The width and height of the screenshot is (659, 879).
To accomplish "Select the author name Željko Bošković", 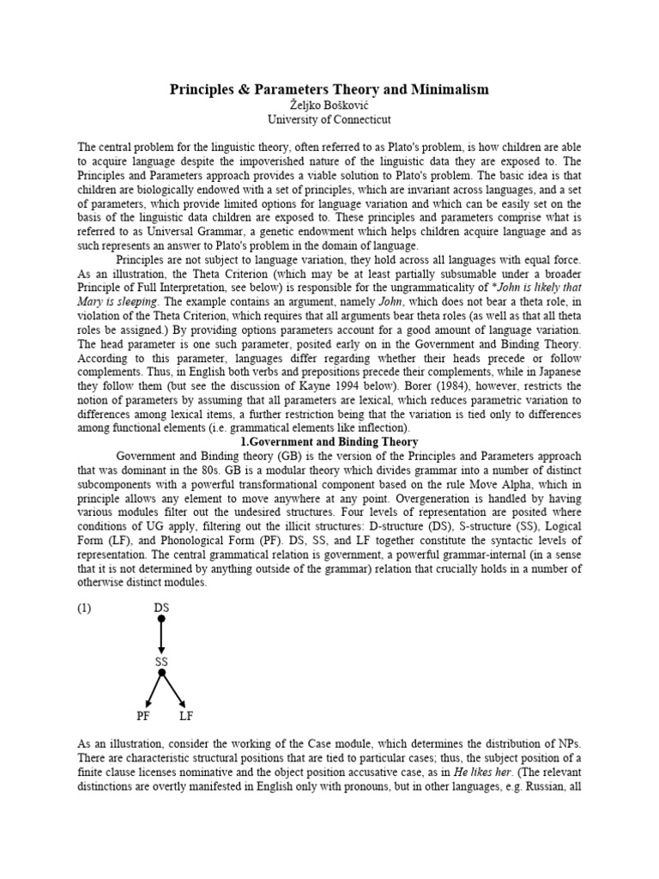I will tap(329, 104).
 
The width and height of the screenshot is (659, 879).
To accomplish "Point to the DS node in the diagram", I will tap(161, 608).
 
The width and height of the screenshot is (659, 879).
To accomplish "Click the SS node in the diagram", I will tap(161, 662).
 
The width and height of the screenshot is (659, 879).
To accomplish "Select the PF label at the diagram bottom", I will tap(142, 716).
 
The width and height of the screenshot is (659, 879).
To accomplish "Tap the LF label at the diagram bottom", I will tap(186, 716).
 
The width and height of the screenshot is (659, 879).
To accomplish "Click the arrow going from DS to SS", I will tap(161, 635).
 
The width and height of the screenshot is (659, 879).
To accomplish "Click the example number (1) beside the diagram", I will tap(85, 608).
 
